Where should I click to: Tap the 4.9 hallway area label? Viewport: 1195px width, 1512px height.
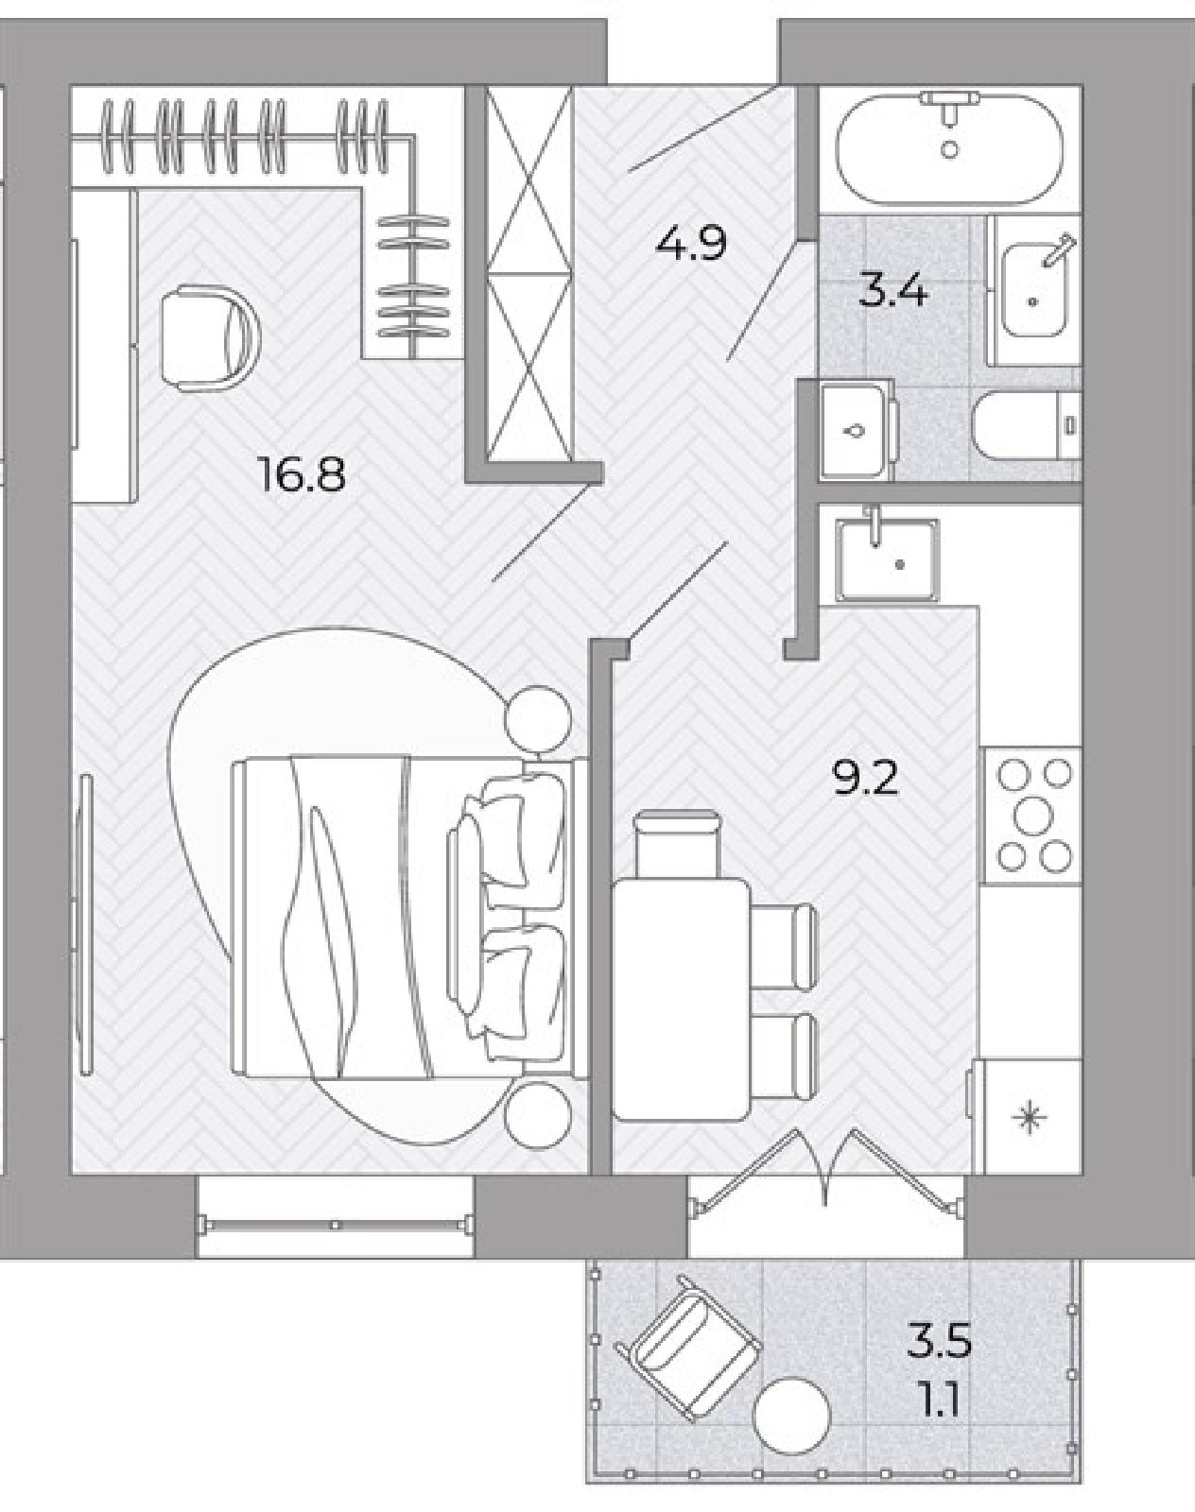click(690, 243)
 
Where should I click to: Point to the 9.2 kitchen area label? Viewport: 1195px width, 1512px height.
click(865, 778)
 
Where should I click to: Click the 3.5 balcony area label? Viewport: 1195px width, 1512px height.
click(939, 1340)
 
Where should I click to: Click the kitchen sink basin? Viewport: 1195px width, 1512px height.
click(887, 561)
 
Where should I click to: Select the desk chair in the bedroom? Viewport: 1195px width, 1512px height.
click(209, 337)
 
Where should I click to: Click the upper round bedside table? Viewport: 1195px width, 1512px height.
click(539, 719)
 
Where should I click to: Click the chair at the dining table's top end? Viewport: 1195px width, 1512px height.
click(677, 844)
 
